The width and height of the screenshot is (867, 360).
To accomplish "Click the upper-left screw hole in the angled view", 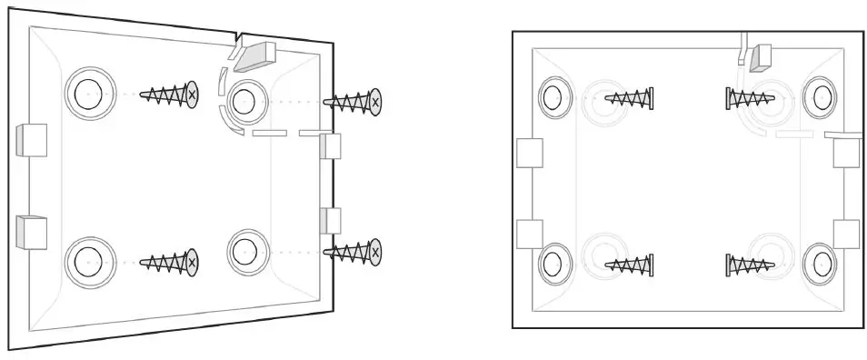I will click(x=89, y=94).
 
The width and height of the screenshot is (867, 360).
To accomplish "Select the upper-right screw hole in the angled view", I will click(x=243, y=101).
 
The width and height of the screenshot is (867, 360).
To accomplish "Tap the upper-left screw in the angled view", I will click(x=169, y=94).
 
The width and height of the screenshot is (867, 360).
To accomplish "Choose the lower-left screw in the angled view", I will click(x=169, y=263).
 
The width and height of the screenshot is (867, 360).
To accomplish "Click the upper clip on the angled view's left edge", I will click(x=31, y=139).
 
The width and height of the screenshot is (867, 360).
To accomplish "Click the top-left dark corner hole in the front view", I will click(x=553, y=95).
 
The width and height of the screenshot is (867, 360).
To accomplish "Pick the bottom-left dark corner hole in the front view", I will click(x=553, y=264).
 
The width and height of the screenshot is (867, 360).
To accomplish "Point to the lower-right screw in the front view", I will click(x=749, y=265).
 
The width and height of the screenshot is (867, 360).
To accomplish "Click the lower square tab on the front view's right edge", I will click(x=846, y=234).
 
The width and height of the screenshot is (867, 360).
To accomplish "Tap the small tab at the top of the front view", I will click(x=760, y=56).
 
